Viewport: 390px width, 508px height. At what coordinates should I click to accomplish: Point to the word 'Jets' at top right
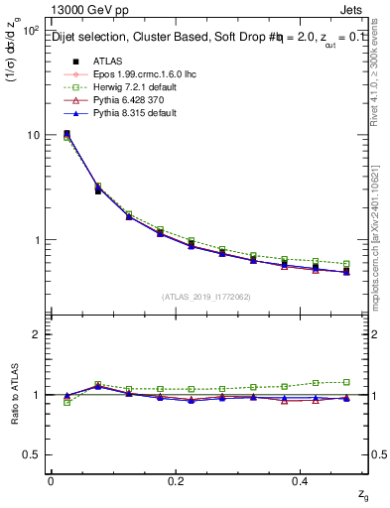click(354, 9)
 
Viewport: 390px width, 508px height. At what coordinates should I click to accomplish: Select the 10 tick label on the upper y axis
click(32, 135)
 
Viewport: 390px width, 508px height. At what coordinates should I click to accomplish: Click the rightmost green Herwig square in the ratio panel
click(346, 382)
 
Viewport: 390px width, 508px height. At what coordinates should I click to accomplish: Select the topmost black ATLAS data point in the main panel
click(66, 134)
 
